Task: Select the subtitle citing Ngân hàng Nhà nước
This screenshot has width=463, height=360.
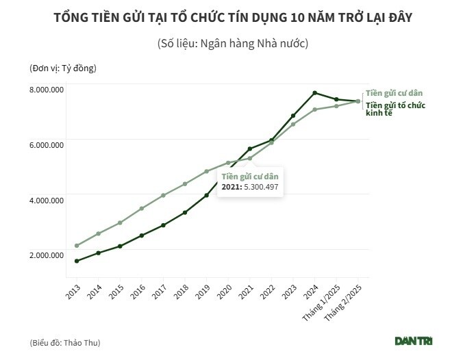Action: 231,44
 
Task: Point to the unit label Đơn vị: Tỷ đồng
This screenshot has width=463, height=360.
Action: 63,68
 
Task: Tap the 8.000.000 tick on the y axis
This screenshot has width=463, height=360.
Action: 46,90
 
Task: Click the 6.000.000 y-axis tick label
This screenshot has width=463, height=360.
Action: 46,144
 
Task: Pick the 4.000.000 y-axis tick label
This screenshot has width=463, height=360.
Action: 46,200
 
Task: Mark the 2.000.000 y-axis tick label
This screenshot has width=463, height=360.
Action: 46,255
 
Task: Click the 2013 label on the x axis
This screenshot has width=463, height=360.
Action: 72,290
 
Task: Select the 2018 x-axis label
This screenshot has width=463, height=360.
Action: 179,290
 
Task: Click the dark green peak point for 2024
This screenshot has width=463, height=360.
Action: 314,92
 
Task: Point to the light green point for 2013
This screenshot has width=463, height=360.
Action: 77,245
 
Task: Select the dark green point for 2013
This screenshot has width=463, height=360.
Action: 77,261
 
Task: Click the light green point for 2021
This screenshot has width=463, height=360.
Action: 249,158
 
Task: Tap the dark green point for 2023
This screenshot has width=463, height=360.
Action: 293,116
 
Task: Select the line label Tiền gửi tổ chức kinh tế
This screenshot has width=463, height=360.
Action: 395,109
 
